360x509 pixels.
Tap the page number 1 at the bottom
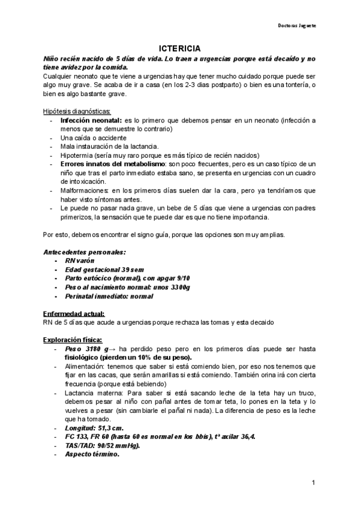coord(314,483)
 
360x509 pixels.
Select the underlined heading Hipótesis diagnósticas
coord(77,112)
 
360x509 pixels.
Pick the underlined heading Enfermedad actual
coord(74,313)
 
